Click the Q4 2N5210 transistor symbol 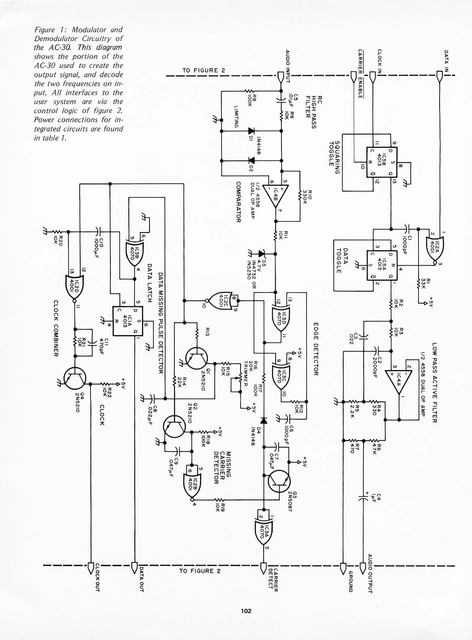[75, 378]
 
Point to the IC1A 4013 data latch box [127, 321]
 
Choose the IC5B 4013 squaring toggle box [382, 162]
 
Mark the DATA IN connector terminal [440, 77]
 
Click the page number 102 [246, 611]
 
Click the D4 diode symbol [264, 420]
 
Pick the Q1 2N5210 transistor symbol [196, 358]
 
